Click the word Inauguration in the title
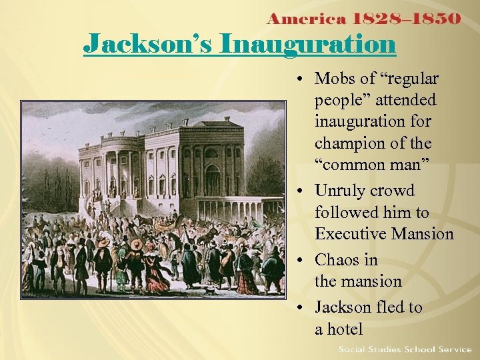point(307,44)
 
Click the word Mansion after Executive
point(423,234)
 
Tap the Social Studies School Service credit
point(405,349)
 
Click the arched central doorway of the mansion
point(212,181)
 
